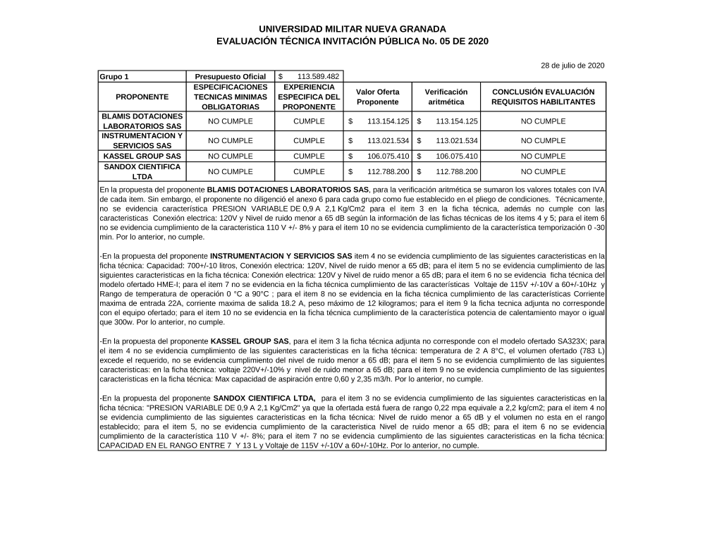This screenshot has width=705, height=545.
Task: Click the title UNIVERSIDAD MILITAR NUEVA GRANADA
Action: [x=352, y=29]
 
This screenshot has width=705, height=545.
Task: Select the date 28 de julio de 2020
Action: [x=572, y=66]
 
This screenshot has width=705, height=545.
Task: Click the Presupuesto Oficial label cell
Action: [x=230, y=76]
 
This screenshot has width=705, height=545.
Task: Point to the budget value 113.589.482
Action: [x=317, y=76]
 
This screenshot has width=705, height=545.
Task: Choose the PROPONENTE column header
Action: [x=142, y=97]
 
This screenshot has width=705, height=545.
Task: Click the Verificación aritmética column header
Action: [x=446, y=97]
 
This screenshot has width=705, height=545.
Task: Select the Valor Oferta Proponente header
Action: [x=377, y=97]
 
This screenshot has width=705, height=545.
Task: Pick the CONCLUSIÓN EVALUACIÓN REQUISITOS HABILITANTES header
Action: [x=542, y=97]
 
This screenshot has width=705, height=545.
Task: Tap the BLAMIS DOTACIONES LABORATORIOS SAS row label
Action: [x=142, y=121]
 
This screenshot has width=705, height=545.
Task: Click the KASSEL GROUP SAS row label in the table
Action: [x=142, y=157]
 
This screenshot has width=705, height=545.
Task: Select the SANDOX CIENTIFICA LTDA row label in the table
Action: [x=142, y=171]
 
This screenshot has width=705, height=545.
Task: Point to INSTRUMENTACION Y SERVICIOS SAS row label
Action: [x=142, y=140]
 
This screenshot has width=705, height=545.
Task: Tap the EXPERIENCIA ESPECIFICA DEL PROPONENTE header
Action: [x=309, y=97]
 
